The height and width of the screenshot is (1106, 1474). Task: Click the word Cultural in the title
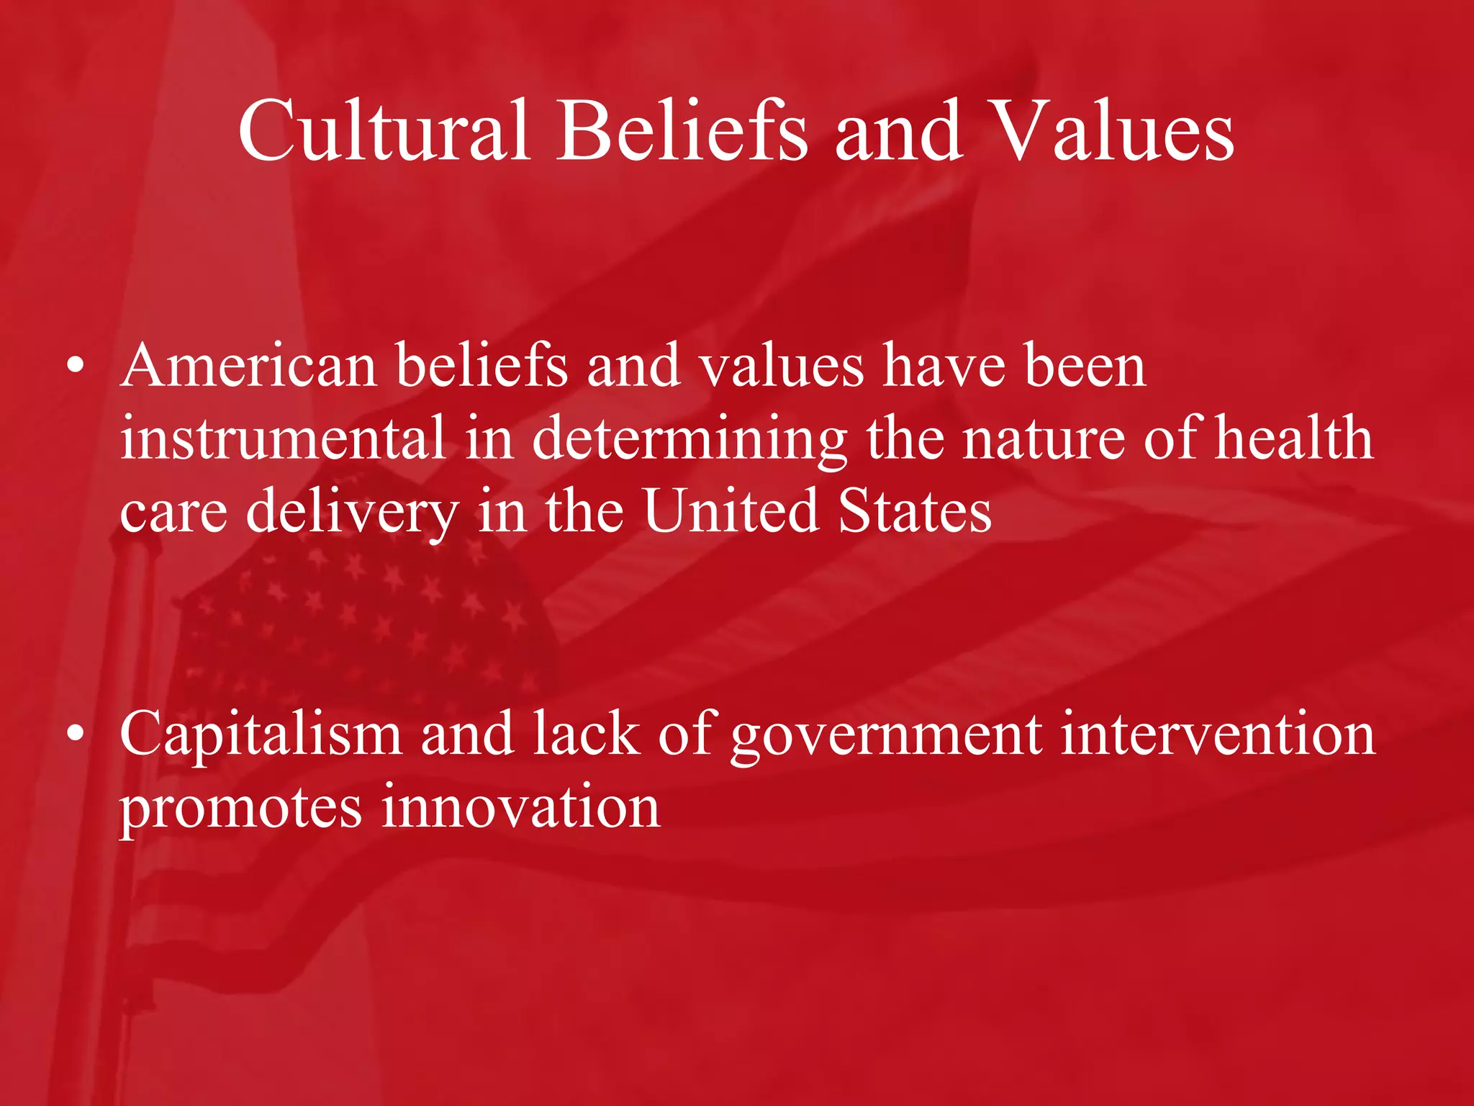(384, 131)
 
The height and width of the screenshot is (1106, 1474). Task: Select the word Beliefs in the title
(682, 131)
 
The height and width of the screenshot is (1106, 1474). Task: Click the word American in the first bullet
(249, 366)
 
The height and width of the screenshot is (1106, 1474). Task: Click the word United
(731, 511)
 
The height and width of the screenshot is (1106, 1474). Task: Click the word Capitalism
(261, 735)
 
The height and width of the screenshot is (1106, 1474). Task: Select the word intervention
(1218, 734)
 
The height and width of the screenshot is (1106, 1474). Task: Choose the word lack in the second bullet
(586, 734)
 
